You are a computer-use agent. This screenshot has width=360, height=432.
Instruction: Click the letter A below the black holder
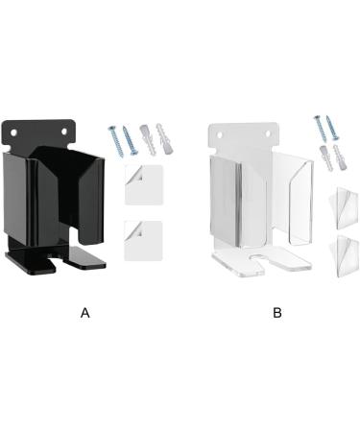tap(85, 313)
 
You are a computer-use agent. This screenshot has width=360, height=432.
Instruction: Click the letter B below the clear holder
tap(277, 313)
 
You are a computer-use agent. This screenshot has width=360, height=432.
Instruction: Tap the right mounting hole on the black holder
tap(68, 125)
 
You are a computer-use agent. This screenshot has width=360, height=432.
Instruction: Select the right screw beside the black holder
tap(129, 138)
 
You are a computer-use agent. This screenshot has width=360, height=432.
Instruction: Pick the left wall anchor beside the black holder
tap(147, 139)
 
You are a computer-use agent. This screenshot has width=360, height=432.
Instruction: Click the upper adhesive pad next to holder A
tap(144, 184)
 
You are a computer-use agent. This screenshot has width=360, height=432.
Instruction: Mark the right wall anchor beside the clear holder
tap(339, 156)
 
